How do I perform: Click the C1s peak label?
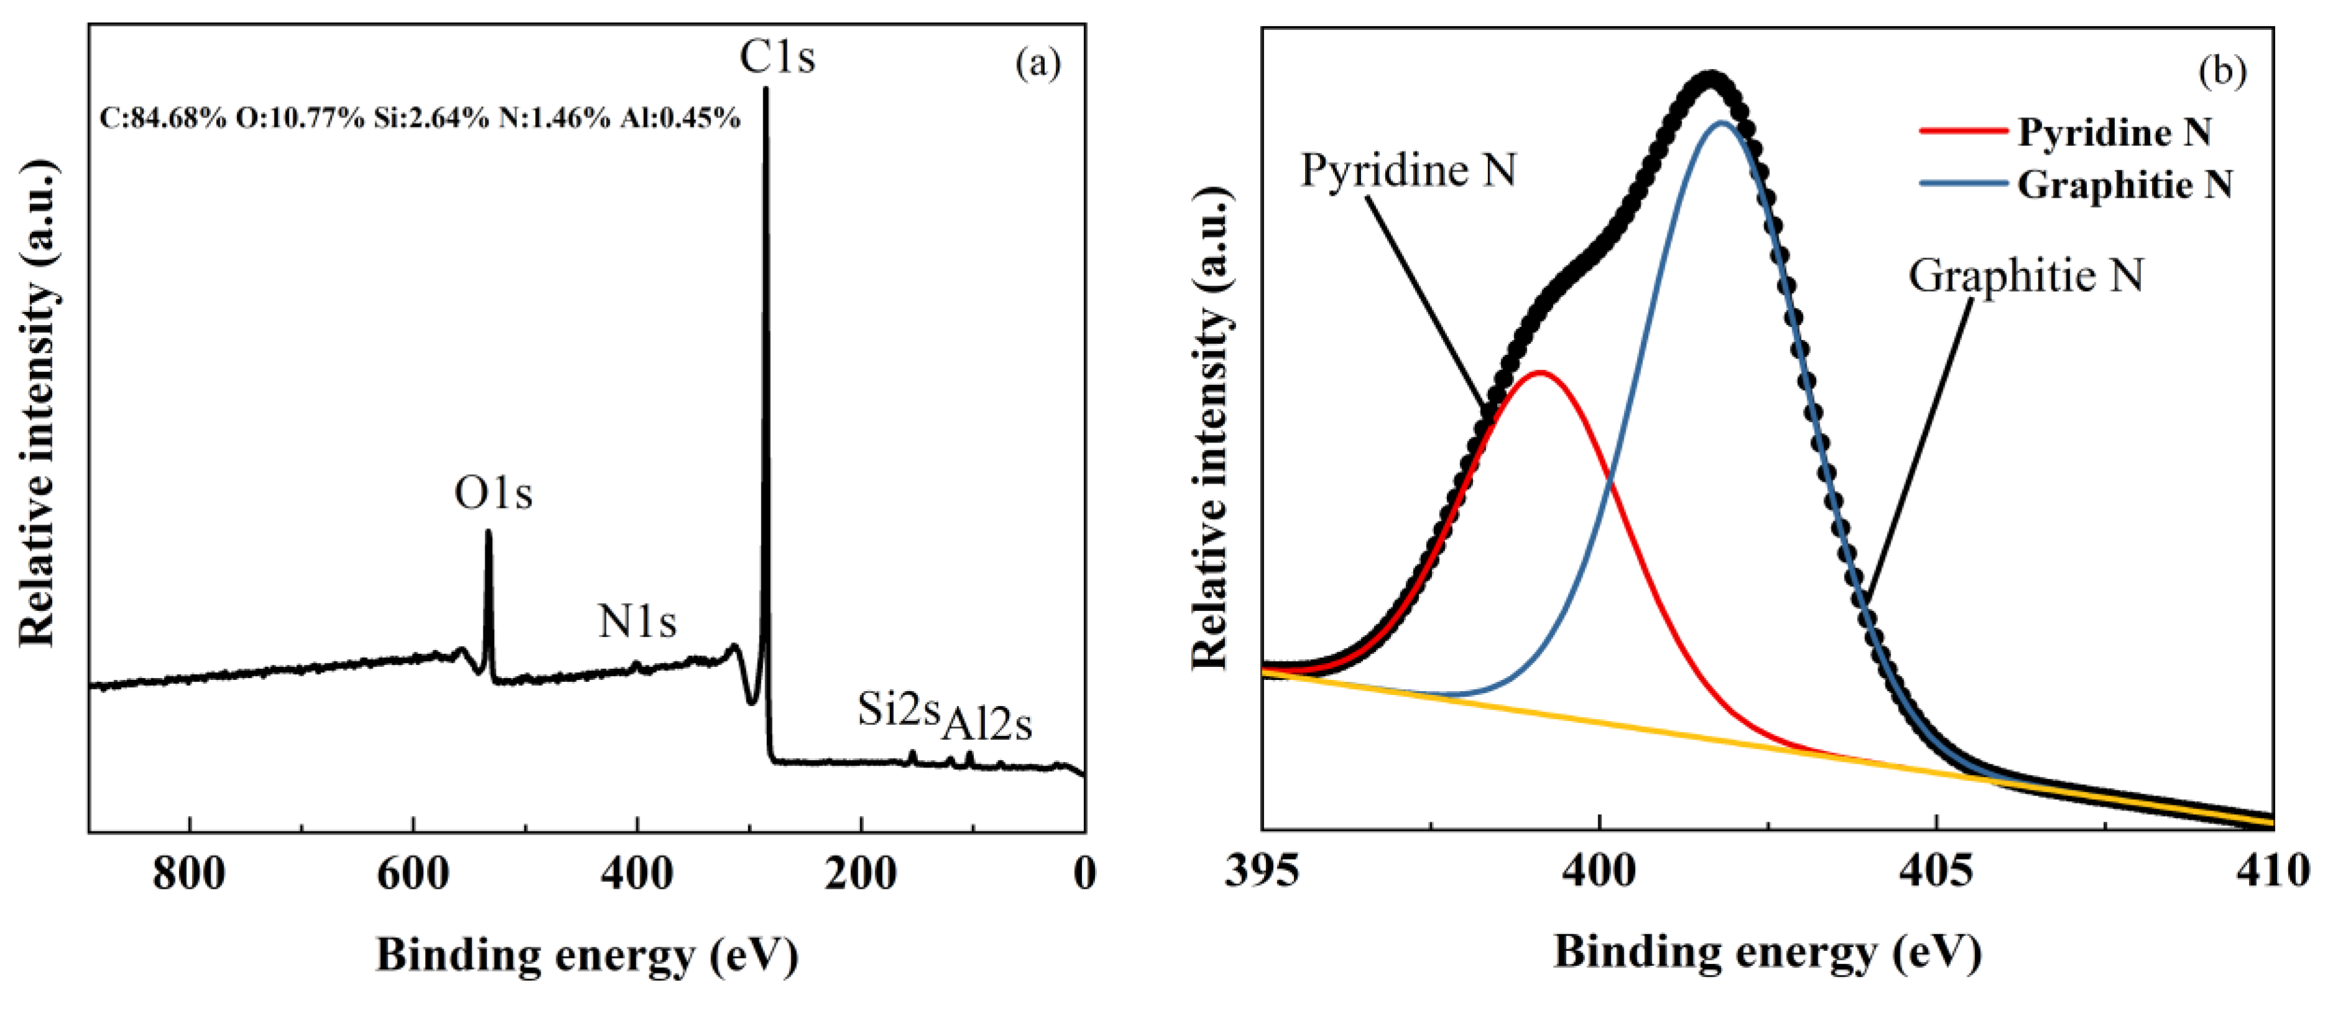(777, 57)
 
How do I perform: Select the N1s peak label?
(636, 622)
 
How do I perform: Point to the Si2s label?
(899, 709)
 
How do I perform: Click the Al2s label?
(987, 725)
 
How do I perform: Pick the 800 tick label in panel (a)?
(190, 874)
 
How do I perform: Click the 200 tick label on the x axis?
(860, 874)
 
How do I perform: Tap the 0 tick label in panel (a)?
(1084, 874)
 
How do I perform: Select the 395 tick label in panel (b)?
(1262, 871)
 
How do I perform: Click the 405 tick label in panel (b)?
(1937, 871)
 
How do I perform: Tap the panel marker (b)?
(2222, 71)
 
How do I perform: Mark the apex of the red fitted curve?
(1539, 372)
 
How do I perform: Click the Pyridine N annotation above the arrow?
(1408, 170)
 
